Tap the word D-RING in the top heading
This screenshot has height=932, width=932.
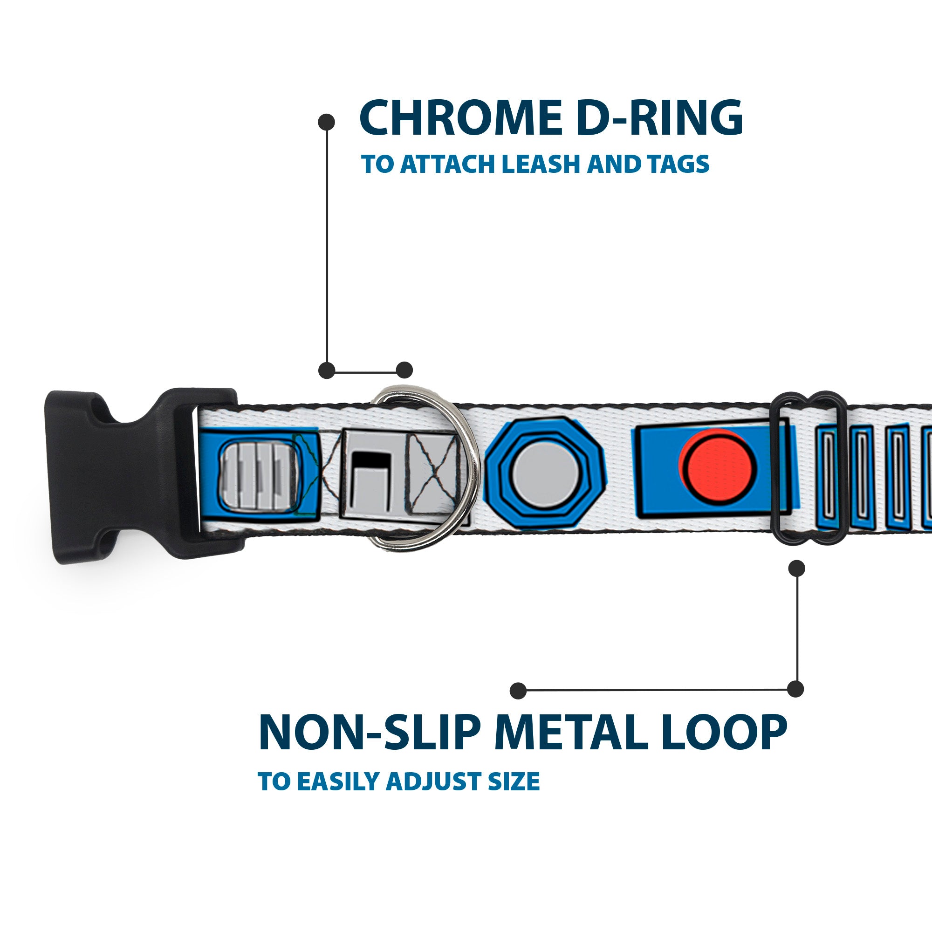(x=658, y=119)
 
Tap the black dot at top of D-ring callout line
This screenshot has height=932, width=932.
(x=327, y=122)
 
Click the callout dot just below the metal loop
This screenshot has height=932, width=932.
(x=796, y=568)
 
